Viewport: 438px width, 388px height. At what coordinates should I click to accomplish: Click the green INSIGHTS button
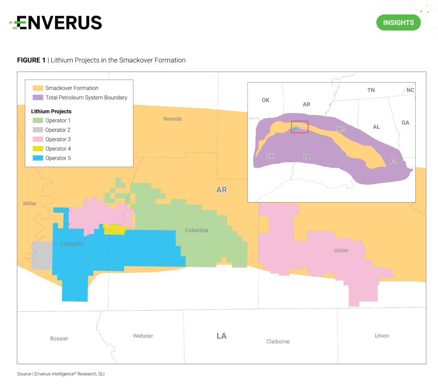(x=398, y=23)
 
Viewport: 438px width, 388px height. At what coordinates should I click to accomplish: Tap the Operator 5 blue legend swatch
(x=38, y=158)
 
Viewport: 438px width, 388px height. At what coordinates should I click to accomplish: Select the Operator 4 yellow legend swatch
(x=38, y=149)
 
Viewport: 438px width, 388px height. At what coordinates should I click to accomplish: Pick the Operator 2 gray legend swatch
(x=38, y=130)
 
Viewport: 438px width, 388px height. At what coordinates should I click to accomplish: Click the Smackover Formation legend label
(x=72, y=88)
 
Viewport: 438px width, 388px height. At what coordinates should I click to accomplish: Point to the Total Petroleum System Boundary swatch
(x=38, y=97)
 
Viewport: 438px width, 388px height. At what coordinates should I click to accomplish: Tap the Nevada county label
(x=172, y=118)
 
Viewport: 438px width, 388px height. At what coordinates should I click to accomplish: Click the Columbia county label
(x=196, y=230)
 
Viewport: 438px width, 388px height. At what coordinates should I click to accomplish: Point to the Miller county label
(x=30, y=203)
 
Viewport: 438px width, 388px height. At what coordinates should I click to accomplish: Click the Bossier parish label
(x=59, y=338)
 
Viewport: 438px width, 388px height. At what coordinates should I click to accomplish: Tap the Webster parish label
(x=143, y=336)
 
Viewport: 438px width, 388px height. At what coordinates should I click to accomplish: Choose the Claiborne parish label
(x=278, y=341)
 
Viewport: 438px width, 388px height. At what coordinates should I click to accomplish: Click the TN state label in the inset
(x=371, y=90)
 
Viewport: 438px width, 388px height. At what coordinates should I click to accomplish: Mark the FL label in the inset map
(x=394, y=162)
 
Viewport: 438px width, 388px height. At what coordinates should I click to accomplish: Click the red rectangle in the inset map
(x=299, y=127)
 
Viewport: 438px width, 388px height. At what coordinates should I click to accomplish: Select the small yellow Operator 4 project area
(x=115, y=229)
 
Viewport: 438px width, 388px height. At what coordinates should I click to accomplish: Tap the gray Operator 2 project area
(x=41, y=255)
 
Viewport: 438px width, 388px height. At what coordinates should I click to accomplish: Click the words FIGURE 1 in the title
(x=31, y=60)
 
